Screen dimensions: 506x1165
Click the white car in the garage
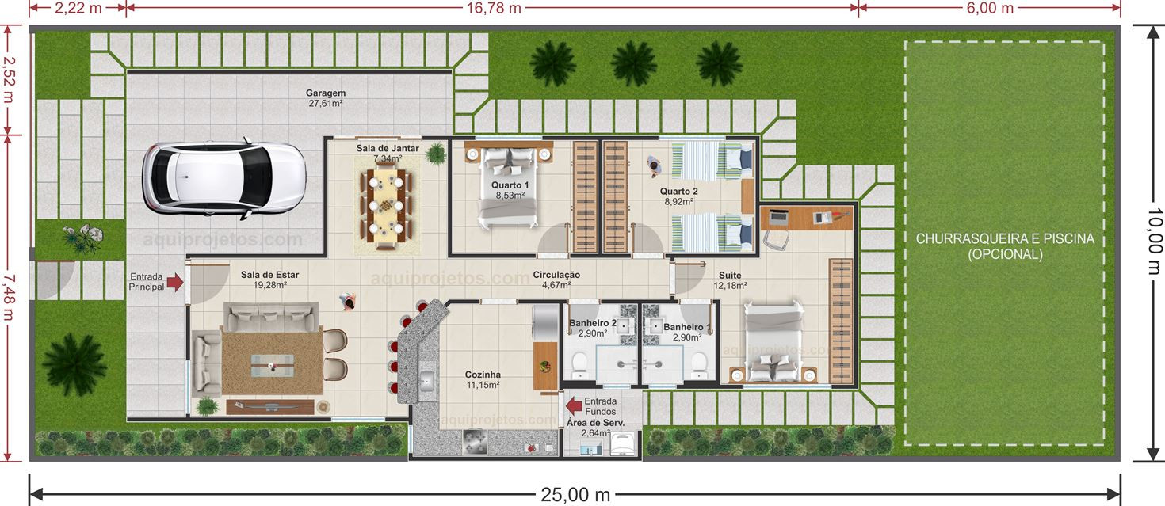point(223,179)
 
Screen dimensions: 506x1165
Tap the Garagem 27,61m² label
point(326,98)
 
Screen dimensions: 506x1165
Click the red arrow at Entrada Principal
point(176,281)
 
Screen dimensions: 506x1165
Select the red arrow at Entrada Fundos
point(574,406)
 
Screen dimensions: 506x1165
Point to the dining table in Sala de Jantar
point(384,205)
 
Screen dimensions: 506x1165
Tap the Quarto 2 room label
point(679,196)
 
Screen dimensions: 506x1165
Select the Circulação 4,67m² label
point(556,280)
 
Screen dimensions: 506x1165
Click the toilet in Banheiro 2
point(579,363)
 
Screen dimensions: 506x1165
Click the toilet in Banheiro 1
point(698,363)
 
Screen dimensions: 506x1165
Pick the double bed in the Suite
point(773,341)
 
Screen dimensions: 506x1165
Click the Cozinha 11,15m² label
point(483,380)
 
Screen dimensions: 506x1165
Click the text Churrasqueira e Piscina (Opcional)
point(1004,246)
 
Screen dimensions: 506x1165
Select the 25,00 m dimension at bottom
point(575,495)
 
